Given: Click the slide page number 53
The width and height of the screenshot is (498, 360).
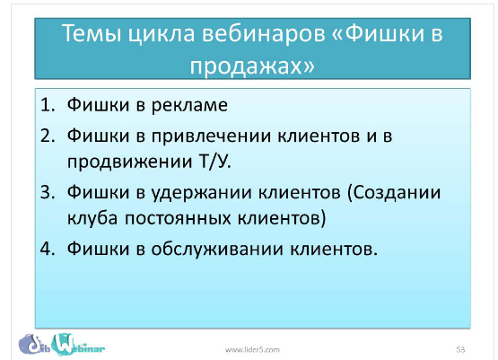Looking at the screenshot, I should (460, 348).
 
